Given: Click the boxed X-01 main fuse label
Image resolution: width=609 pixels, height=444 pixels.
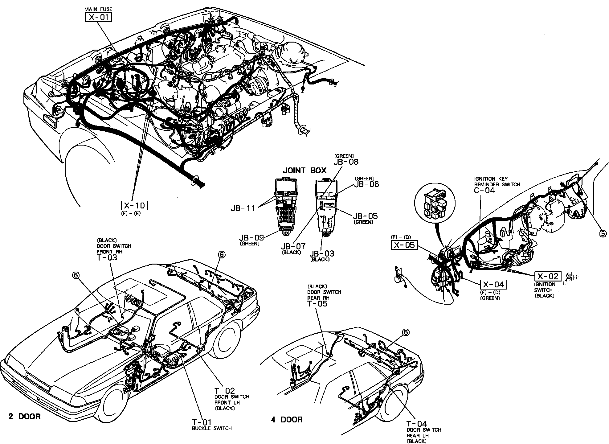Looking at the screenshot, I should pyautogui.click(x=98, y=17).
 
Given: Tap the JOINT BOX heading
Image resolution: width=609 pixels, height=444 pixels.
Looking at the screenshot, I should pyautogui.click(x=304, y=171).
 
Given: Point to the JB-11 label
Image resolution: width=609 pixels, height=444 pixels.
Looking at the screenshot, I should pyautogui.click(x=243, y=208).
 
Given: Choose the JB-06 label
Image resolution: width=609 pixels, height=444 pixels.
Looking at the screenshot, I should pyautogui.click(x=366, y=184).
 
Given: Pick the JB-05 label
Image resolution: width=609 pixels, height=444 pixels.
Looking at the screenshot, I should pyautogui.click(x=366, y=216).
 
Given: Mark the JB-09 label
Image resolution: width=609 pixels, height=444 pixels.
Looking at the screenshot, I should pyautogui.click(x=251, y=238).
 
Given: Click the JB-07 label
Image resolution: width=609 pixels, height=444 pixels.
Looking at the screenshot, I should pyautogui.click(x=293, y=246).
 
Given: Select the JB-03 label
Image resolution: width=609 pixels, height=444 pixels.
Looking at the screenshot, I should pyautogui.click(x=321, y=254).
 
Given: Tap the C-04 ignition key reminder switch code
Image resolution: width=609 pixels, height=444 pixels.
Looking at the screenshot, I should pyautogui.click(x=484, y=190).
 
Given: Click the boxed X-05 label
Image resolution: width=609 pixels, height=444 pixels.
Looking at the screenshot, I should pyautogui.click(x=405, y=245).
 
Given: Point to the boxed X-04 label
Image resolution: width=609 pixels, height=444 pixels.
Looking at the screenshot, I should pyautogui.click(x=493, y=284).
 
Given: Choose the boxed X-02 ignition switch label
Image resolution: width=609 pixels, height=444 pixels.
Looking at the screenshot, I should pyautogui.click(x=548, y=276).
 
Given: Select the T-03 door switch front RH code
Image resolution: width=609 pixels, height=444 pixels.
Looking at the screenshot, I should pyautogui.click(x=107, y=257).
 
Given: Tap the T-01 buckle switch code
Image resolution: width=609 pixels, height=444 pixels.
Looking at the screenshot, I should pyautogui.click(x=202, y=422).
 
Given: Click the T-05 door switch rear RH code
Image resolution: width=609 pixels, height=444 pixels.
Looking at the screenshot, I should pyautogui.click(x=317, y=304).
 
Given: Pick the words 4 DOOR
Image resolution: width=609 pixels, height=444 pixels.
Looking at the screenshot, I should pyautogui.click(x=287, y=420).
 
